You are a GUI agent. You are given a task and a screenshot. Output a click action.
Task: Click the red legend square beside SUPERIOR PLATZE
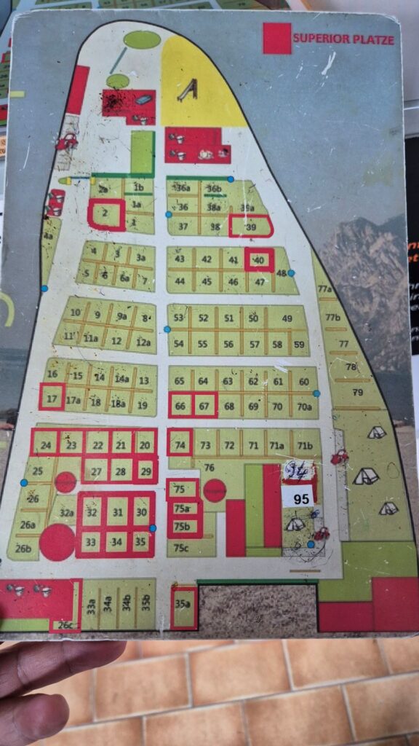(276, 38)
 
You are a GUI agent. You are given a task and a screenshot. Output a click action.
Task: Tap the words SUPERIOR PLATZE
(343, 39)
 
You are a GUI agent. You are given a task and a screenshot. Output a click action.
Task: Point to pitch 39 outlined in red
(251, 227)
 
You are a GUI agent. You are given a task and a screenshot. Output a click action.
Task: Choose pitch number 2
(105, 213)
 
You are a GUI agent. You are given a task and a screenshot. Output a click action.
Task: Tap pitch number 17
(52, 398)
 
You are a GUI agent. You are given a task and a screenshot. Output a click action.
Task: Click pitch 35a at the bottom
(183, 605)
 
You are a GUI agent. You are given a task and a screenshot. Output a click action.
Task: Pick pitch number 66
(181, 406)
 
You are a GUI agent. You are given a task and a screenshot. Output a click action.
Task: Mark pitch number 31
(116, 512)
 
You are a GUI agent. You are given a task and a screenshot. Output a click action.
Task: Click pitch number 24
(46, 445)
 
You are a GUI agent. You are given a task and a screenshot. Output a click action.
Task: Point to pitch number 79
(357, 393)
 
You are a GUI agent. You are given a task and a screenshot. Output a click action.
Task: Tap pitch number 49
(287, 318)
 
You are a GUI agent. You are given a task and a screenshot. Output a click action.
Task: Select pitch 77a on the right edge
(325, 289)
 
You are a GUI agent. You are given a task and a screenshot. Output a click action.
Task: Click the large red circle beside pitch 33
(57, 542)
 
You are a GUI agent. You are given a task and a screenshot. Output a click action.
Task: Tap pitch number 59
(299, 345)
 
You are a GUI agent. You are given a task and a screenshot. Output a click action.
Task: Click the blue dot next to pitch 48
(291, 273)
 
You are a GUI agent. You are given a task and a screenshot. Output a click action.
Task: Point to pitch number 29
(145, 471)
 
